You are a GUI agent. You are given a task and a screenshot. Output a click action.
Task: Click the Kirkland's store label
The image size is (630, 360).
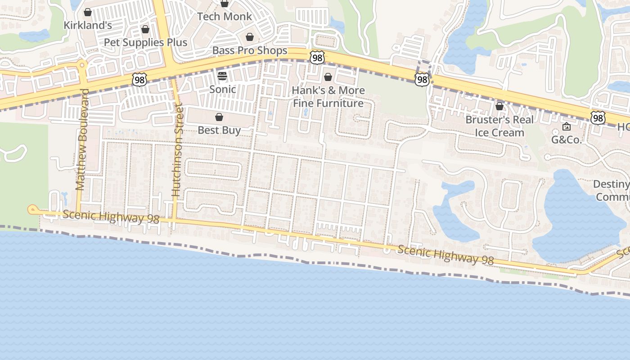88,25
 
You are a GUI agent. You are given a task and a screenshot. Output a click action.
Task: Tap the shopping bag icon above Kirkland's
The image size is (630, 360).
88,12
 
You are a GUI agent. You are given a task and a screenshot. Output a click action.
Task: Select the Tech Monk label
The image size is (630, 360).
225,17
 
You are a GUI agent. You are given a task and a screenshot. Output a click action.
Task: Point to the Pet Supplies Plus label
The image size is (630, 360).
145,43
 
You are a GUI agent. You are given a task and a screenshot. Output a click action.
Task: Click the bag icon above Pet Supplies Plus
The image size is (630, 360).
145,30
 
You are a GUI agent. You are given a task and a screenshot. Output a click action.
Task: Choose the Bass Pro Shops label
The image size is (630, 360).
250,50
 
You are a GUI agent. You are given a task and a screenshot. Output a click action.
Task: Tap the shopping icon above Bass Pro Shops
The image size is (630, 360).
250,37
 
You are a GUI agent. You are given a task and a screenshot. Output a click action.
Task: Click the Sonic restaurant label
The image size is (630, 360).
222,89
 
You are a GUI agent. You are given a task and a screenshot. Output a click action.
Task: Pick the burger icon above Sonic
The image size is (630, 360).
222,76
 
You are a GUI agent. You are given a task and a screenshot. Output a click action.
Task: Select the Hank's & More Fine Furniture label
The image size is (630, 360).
328,97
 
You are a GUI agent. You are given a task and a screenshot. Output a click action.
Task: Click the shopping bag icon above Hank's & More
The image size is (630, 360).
328,77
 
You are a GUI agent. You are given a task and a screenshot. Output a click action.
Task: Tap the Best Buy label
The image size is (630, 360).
219,130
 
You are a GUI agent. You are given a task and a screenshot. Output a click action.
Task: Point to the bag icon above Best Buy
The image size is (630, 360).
219,117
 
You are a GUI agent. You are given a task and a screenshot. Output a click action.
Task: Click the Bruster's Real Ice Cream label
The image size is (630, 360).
499,126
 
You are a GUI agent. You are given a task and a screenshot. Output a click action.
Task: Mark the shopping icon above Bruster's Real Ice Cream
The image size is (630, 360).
499,106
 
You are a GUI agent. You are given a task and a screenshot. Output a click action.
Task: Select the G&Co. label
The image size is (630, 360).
567,140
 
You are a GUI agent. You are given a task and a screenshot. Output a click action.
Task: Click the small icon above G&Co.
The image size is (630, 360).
567,127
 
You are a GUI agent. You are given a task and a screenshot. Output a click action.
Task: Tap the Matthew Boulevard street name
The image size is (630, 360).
81,139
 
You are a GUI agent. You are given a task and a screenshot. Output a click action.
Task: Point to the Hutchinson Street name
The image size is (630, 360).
177,151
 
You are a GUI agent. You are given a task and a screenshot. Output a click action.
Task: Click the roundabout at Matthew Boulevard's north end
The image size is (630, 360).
82,65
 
